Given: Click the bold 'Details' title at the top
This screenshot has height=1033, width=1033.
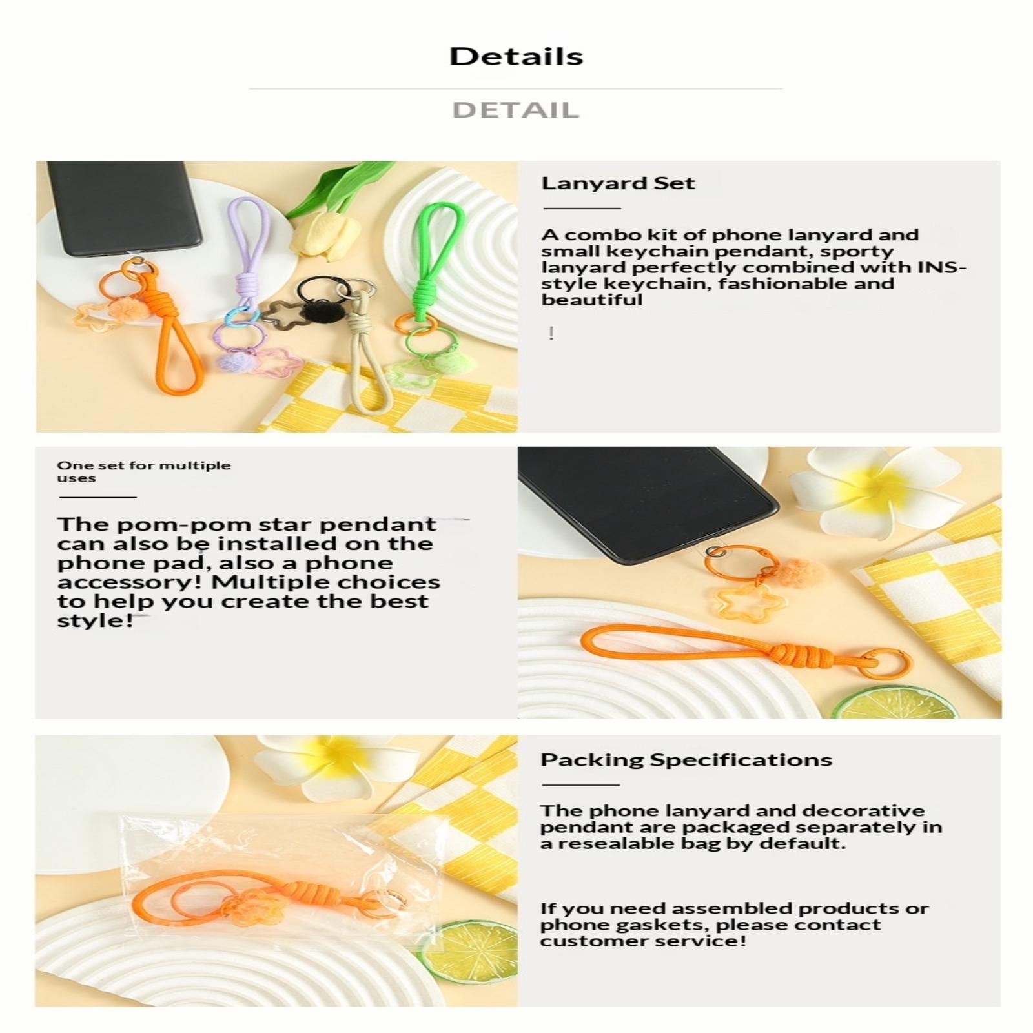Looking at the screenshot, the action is [516, 56].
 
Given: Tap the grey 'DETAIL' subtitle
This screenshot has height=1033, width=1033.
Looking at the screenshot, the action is [516, 110].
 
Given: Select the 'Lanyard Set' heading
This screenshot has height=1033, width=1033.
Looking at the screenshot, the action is [618, 183].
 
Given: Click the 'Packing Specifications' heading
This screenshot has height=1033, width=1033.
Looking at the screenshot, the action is [686, 760].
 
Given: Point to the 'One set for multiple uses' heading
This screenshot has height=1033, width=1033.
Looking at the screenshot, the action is [143, 471].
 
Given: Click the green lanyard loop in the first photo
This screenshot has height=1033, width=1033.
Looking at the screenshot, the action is [435, 258].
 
